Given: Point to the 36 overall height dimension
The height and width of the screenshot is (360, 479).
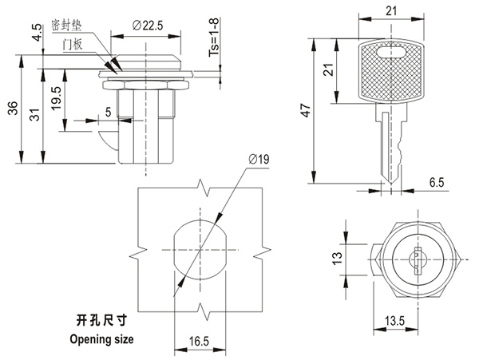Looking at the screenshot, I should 10,110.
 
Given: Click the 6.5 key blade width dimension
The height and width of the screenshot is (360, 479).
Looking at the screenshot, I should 436,184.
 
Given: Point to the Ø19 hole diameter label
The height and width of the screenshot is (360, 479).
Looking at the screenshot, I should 257,161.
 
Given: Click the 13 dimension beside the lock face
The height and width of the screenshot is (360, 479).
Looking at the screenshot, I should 337,257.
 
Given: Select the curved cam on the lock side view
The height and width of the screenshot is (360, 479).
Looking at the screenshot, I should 107,144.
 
